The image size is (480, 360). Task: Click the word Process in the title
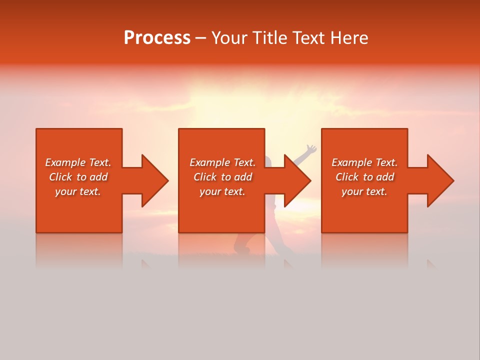tap(157, 38)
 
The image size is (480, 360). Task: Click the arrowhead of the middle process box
tap(297, 180)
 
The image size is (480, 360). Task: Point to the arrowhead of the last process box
tap(439, 180)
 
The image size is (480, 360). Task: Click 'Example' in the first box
tap(65, 162)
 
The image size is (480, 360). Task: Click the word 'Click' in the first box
tap(60, 177)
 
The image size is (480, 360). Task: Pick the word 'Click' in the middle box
tap(205, 177)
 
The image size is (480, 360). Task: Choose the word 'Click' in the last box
tap(347, 177)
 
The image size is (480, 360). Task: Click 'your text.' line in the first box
tap(78, 191)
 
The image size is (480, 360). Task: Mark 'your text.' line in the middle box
tap(222, 191)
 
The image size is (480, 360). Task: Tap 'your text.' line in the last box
tap(364, 191)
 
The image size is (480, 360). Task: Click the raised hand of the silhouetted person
tap(311, 148)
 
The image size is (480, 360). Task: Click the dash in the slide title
tap(200, 38)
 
